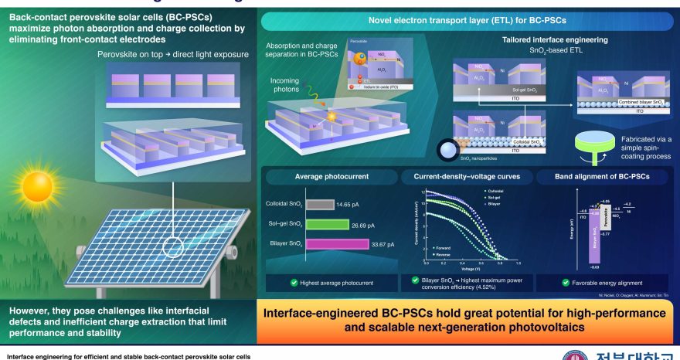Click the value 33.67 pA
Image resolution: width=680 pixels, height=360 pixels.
379,244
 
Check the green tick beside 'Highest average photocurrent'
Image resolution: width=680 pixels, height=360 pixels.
273,283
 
